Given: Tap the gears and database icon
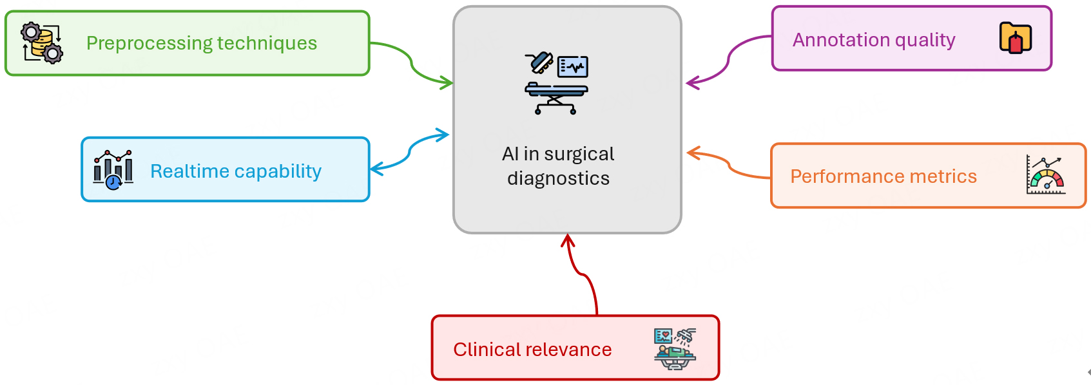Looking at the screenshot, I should (42, 42).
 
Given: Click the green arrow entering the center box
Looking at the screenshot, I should (412, 67).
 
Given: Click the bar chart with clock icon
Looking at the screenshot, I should (113, 169).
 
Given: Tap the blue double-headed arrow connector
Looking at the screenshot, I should (410, 152).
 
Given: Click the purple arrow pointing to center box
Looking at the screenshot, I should (728, 62).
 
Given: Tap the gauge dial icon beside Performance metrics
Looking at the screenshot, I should (1045, 174).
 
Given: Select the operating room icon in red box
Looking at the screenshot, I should (675, 348).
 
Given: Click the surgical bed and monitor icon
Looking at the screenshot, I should (556, 84).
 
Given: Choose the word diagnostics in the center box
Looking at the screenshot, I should (558, 178).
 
